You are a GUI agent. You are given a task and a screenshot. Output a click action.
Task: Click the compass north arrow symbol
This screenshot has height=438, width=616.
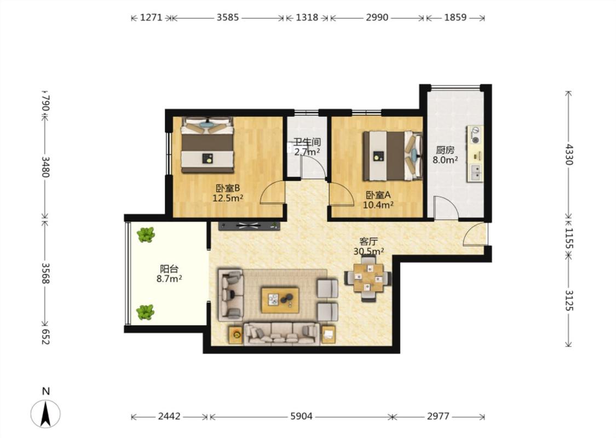pos(45,414)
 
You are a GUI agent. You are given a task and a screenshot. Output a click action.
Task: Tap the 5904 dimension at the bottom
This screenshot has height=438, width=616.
pos(301,416)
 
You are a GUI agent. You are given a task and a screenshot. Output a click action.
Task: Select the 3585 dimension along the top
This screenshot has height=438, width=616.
pos(227,18)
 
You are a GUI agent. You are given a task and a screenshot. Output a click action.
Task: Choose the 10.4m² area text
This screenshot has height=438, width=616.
pos(378,205)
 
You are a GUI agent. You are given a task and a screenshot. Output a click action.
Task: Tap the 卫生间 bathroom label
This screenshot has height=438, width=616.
pos(307,142)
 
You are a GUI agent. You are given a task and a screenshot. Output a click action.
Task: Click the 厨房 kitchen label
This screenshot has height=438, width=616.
pos(445,150)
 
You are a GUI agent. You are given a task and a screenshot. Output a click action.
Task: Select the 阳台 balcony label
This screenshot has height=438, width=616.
pos(169,269)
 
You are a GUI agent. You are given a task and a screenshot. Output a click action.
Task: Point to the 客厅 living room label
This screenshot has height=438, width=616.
pos(369,241)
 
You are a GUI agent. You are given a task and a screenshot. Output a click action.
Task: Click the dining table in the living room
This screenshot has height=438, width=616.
pos(368,278)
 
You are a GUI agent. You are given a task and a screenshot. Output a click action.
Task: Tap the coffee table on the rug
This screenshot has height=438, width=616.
pos(280,300)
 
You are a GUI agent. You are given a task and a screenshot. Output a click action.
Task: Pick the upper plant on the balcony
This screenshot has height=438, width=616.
pos(146,235)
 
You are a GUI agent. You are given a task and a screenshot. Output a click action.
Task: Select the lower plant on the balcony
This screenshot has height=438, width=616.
pos(145,312)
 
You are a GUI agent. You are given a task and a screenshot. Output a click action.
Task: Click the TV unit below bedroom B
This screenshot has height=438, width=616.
pos(249,226)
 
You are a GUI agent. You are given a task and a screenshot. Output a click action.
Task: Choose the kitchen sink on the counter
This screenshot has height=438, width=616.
pos(475,172)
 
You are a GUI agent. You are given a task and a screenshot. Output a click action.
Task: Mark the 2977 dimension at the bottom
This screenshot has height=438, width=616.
pos(438,416)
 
